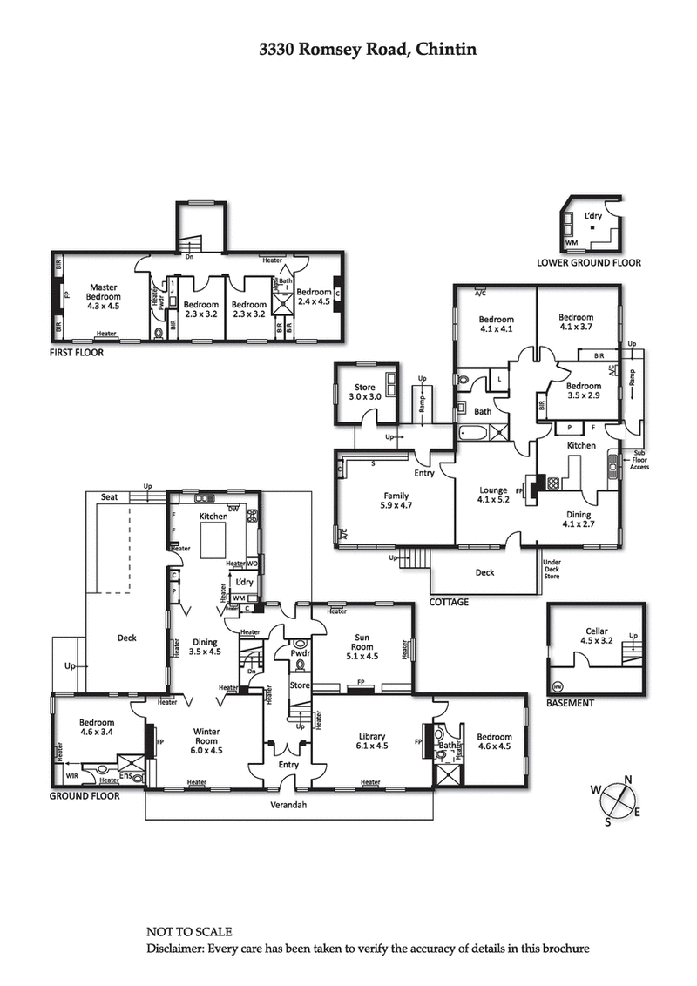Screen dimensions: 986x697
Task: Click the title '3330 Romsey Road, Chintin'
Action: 367,50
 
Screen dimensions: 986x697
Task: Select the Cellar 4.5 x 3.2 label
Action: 597,637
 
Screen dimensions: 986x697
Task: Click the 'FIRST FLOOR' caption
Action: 76,353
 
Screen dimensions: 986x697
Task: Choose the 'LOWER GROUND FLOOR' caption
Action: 588,262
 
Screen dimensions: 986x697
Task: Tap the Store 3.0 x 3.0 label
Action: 364,391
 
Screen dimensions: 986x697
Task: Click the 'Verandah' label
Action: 288,805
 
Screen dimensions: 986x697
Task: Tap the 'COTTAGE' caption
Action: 449,602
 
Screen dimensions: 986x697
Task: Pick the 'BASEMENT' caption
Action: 570,703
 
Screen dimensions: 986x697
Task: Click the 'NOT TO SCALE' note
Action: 189,931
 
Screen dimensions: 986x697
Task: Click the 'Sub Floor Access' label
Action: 640,460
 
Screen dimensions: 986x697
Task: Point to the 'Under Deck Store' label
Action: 552,570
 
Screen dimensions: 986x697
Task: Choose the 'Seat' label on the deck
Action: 109,496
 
